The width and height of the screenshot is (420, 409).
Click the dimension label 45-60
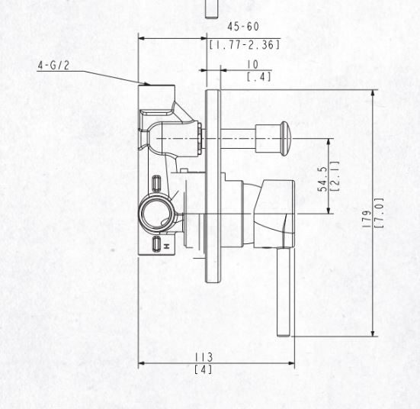tap(243, 27)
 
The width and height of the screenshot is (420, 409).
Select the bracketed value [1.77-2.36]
tap(245, 45)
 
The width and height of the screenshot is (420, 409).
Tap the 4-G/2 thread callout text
tap(53, 65)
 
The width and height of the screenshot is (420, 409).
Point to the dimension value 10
tap(252, 65)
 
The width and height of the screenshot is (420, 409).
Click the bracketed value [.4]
tap(258, 77)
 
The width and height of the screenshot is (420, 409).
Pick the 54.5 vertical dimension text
tap(322, 179)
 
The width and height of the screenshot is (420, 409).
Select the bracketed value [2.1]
tap(335, 176)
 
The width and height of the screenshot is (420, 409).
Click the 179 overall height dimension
tap(367, 219)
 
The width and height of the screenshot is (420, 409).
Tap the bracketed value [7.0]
tap(380, 213)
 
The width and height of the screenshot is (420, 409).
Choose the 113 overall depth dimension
tap(204, 357)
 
